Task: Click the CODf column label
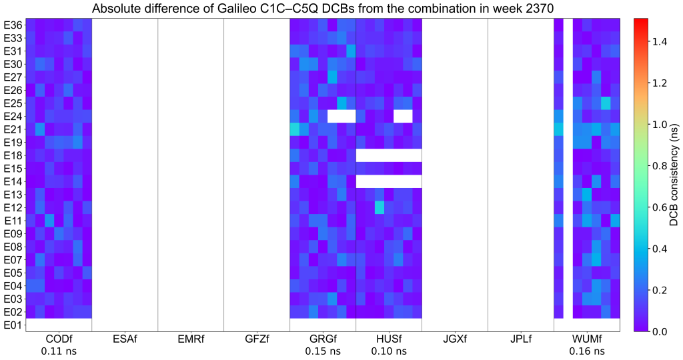pyautogui.click(x=59, y=339)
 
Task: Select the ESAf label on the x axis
pyautogui.click(x=125, y=339)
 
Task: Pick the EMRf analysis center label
pyautogui.click(x=191, y=339)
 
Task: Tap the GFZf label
pyautogui.click(x=257, y=339)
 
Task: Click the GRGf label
pyautogui.click(x=323, y=339)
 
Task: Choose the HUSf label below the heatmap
pyautogui.click(x=389, y=339)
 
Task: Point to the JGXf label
pyautogui.click(x=455, y=339)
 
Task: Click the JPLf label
pyautogui.click(x=521, y=339)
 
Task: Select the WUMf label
pyautogui.click(x=587, y=339)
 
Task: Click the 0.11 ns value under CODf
pyautogui.click(x=59, y=351)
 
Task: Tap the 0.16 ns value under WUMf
pyautogui.click(x=587, y=351)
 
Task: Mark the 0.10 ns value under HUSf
pyautogui.click(x=389, y=351)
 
